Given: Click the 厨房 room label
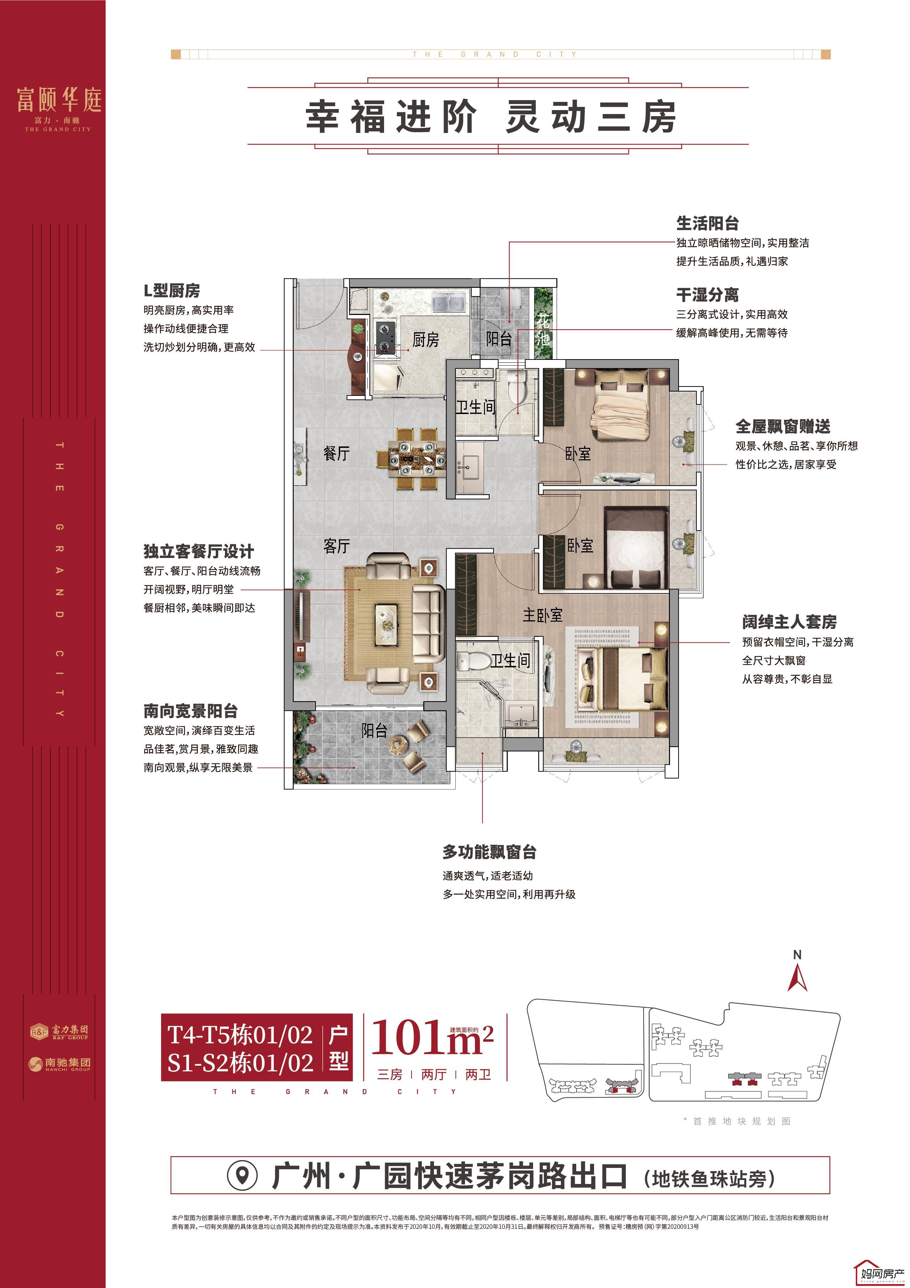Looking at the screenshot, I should coord(425,340).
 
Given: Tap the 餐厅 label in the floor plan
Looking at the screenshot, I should coord(337,453).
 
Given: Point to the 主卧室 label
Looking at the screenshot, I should coord(542,615).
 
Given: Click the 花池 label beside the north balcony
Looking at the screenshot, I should coord(543,330).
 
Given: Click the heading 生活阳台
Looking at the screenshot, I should coord(707,223).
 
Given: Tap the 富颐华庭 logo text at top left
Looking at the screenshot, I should coord(59,100).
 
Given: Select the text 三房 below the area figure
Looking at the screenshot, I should coord(390,1074).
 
